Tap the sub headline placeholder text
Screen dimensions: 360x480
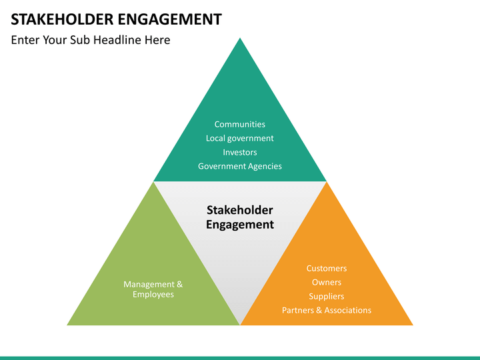[x=91, y=40]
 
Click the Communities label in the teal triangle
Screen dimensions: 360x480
[x=240, y=124]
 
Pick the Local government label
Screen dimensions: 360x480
[x=240, y=138]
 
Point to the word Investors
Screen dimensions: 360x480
[x=240, y=152]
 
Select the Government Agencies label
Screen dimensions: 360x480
[x=240, y=166]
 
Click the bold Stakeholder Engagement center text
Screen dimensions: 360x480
[x=240, y=217]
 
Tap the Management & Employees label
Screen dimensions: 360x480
[x=153, y=289]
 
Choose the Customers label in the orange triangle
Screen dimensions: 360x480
[x=327, y=268]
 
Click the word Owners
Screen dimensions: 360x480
[x=327, y=282]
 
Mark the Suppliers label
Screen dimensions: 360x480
[x=327, y=296]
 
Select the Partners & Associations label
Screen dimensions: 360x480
[x=327, y=310]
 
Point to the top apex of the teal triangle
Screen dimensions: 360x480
[x=240, y=39]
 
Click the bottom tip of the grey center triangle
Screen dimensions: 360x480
[x=240, y=323]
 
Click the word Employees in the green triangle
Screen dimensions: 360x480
[x=153, y=295]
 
